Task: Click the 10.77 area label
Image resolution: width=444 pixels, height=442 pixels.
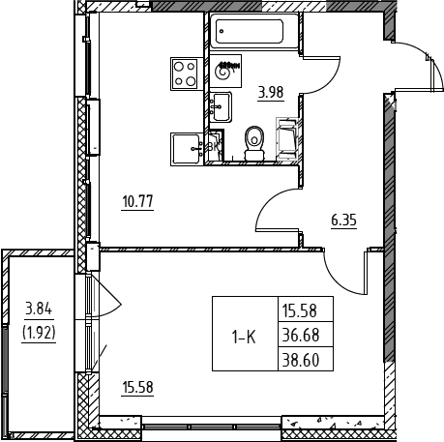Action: click(x=137, y=202)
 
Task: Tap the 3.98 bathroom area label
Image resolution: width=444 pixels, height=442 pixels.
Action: click(x=271, y=93)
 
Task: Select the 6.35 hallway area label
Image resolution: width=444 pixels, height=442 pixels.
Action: click(x=343, y=221)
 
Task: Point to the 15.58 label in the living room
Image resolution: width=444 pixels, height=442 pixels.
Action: click(x=137, y=387)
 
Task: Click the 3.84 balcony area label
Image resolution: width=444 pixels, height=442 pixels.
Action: click(x=39, y=309)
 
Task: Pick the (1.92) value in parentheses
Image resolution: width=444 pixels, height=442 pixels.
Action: click(x=39, y=333)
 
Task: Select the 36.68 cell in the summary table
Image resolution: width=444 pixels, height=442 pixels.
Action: click(x=301, y=336)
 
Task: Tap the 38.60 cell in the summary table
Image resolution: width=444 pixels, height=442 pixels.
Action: click(x=301, y=360)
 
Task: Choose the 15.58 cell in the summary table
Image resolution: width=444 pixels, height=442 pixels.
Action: click(x=300, y=310)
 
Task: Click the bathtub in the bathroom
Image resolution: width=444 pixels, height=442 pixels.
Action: click(x=253, y=31)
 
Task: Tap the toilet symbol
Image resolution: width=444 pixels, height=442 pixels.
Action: click(x=254, y=143)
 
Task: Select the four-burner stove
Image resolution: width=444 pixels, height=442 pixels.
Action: click(x=184, y=74)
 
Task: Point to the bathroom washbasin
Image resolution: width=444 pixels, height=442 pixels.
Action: click(x=221, y=107)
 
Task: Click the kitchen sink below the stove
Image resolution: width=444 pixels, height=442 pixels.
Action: click(x=187, y=149)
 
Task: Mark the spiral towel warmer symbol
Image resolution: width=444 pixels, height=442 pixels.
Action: click(x=225, y=71)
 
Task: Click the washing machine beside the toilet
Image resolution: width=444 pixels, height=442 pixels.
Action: click(x=287, y=139)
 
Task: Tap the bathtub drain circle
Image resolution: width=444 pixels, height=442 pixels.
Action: click(x=222, y=31)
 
